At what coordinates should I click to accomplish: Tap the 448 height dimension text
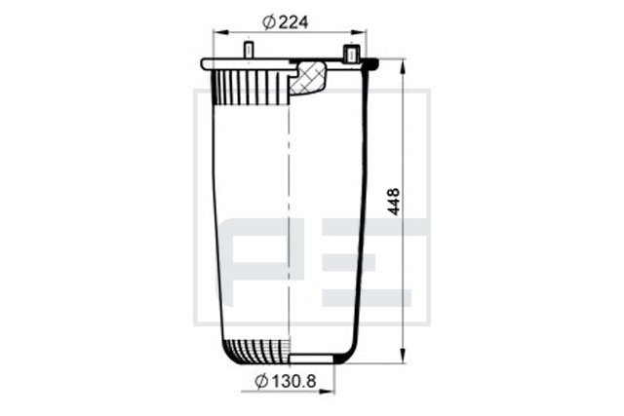click(x=394, y=202)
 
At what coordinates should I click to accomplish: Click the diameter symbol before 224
click(x=269, y=22)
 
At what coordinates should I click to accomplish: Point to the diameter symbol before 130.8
click(x=261, y=382)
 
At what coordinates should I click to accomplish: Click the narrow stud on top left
click(x=249, y=50)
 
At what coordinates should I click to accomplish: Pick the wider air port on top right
click(x=351, y=54)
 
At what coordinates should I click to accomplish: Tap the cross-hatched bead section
click(x=307, y=78)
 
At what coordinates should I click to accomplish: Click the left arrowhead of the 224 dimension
click(x=221, y=32)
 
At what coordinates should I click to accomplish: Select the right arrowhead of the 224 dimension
click(x=359, y=32)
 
